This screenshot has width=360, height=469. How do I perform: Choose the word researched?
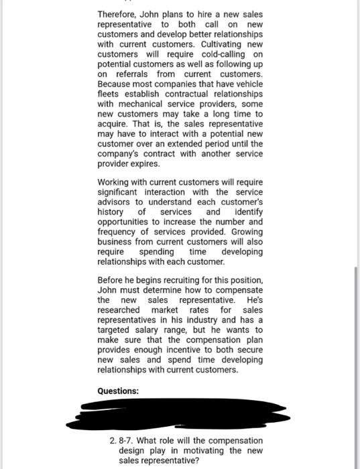pyautogui.click(x=119, y=310)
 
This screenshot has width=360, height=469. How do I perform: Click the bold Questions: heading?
pyautogui.click(x=118, y=391)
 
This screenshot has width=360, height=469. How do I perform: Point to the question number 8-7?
pyautogui.click(x=127, y=440)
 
